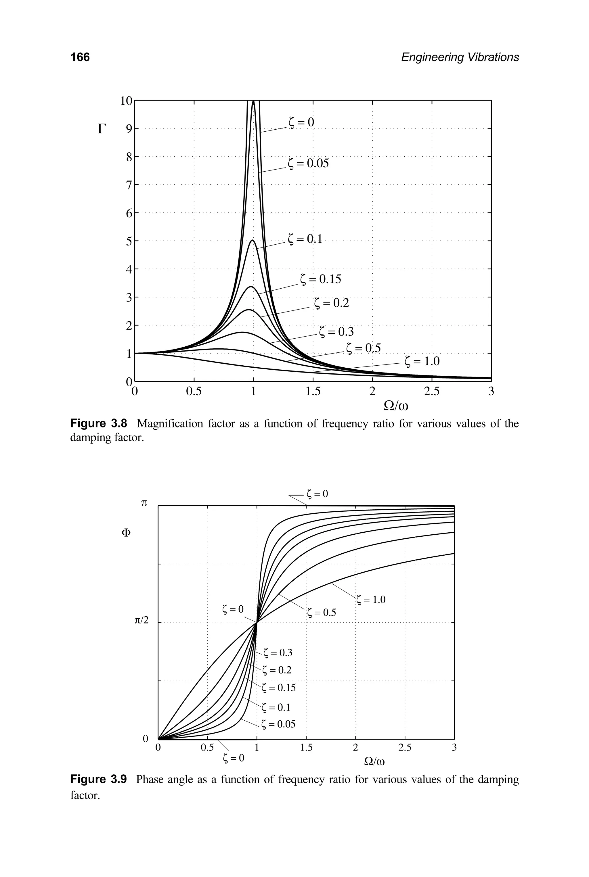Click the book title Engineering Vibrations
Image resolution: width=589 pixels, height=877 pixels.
coord(460,57)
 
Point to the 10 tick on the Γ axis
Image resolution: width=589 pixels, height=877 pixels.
coord(126,101)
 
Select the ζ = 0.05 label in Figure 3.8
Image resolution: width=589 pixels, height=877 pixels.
coord(308,163)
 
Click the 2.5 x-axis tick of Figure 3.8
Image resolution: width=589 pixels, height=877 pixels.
coord(432,392)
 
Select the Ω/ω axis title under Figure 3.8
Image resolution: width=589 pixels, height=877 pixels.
coord(395,406)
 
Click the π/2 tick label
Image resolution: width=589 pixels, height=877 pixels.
coord(141,621)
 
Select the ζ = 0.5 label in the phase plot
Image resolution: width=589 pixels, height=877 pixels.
coord(321,613)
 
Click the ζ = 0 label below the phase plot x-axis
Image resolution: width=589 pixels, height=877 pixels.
coord(233,758)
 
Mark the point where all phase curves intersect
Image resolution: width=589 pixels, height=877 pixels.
coord(257,622)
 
